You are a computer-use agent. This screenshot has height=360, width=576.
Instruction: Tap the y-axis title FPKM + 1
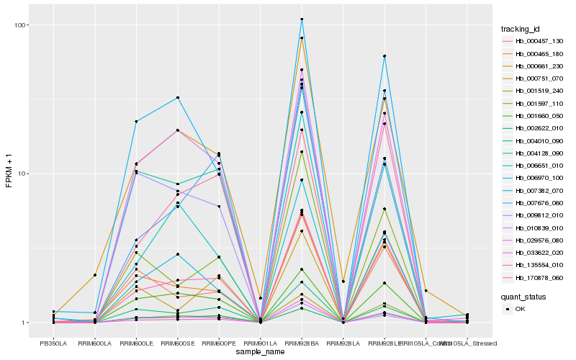click(9, 174)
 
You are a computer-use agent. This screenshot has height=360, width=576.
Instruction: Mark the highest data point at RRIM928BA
click(302, 19)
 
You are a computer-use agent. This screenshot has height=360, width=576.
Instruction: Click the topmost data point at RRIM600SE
click(178, 97)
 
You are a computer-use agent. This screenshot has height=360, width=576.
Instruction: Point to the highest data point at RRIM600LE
click(136, 122)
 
